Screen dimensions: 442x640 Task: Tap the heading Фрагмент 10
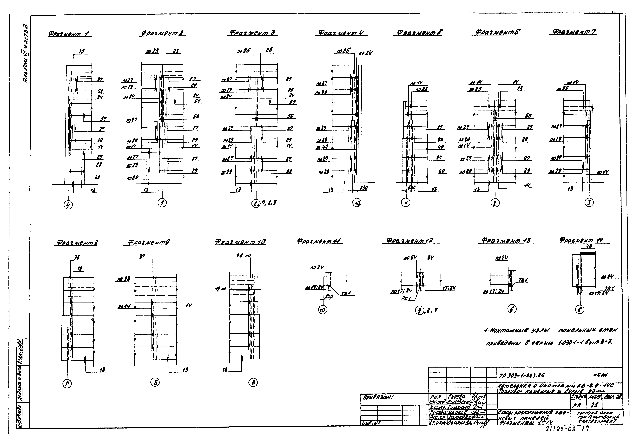pos(240,242)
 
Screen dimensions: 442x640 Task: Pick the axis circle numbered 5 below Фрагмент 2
pos(162,203)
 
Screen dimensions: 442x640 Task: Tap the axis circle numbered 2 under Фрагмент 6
pos(495,203)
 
